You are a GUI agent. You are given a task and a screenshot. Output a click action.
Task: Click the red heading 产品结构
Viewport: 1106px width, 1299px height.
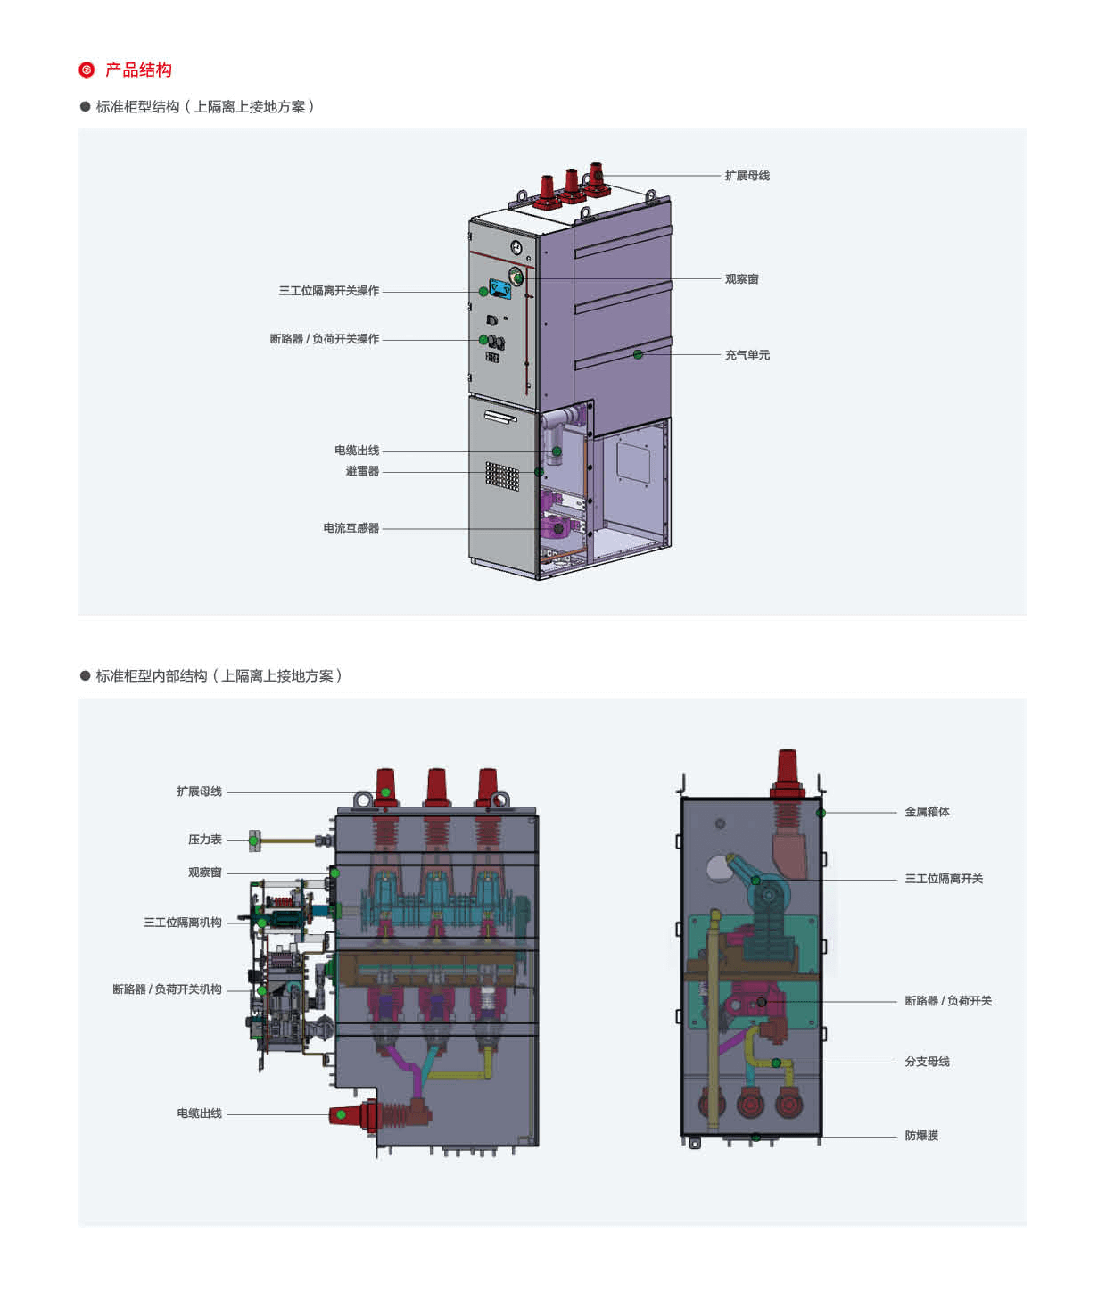pos(138,70)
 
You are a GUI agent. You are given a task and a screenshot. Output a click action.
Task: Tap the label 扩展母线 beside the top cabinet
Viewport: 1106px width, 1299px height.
pos(747,176)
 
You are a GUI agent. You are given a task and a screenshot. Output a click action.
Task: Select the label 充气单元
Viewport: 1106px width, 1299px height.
pos(747,355)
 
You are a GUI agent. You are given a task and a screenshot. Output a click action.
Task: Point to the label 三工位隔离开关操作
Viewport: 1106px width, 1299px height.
pos(328,291)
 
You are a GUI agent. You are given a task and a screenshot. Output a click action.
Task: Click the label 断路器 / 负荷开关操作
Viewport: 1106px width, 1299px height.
pos(324,339)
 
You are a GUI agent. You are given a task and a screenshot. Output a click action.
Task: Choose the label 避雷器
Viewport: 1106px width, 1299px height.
pos(362,471)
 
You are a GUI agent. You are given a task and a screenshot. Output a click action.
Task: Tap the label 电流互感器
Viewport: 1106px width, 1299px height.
pos(351,528)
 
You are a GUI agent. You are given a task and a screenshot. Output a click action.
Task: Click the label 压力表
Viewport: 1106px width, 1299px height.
pos(204,840)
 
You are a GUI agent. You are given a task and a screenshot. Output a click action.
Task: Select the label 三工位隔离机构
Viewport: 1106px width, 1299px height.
pos(182,923)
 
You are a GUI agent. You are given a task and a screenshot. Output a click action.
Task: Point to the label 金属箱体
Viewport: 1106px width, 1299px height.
pos(927,812)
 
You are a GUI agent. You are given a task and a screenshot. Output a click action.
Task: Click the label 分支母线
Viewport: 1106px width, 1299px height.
pos(927,1062)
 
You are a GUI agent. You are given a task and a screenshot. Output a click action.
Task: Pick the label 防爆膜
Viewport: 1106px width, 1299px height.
pos(921,1136)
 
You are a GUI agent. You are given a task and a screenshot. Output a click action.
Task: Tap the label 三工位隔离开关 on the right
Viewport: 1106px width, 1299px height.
pos(944,879)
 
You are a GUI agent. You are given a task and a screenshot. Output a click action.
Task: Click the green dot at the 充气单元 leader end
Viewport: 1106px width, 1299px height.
pos(638,355)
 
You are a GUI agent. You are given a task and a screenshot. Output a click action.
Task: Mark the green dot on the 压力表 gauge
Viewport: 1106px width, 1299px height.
pos(254,840)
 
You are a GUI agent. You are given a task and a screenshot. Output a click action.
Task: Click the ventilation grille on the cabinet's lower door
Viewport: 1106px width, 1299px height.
pos(501,476)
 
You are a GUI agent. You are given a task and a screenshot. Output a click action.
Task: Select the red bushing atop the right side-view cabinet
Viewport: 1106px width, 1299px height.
pos(787,768)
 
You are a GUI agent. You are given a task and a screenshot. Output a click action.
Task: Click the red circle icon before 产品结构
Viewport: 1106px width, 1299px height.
pos(87,70)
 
